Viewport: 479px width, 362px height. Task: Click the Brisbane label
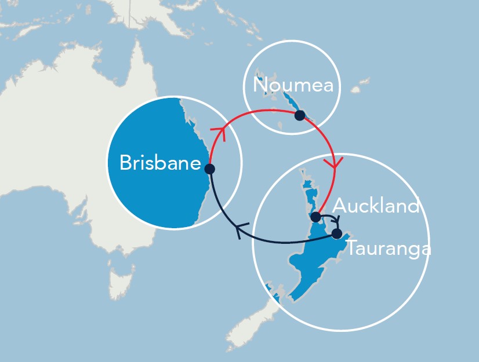(x=159, y=163)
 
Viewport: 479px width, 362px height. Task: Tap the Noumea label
(x=293, y=86)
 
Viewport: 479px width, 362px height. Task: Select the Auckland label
(x=376, y=206)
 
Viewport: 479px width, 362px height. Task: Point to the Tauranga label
(x=389, y=249)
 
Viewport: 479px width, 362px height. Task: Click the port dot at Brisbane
(x=210, y=169)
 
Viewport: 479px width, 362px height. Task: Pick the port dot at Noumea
(x=299, y=115)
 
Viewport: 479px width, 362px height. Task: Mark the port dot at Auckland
(x=315, y=217)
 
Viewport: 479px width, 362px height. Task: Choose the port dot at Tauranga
(x=336, y=234)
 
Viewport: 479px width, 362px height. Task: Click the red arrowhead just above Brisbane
(x=219, y=134)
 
